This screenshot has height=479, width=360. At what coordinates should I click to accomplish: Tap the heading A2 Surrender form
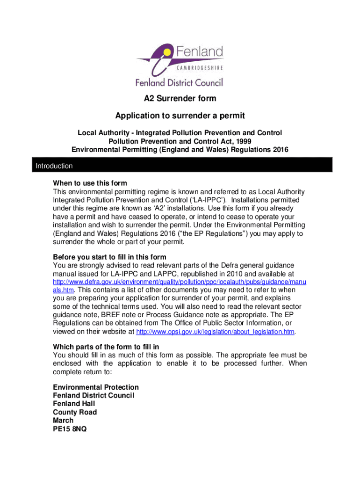tap(180, 99)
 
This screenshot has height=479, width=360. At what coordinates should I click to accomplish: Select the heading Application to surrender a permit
tap(180, 116)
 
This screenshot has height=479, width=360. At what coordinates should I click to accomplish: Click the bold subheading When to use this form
tap(90, 183)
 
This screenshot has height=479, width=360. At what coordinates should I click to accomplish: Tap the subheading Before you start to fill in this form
tap(109, 257)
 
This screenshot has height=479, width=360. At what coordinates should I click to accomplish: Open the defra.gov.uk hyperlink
tap(180, 283)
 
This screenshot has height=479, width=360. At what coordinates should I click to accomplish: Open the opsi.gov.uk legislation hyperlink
tap(216, 332)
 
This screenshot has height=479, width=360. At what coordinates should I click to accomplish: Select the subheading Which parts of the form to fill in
tap(106, 347)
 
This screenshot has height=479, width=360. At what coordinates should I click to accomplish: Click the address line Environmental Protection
tap(96, 387)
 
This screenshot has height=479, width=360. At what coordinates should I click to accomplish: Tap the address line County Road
tap(75, 412)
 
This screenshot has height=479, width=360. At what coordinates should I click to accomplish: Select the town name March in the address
tap(63, 421)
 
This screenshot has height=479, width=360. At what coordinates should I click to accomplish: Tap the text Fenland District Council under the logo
tap(179, 83)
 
